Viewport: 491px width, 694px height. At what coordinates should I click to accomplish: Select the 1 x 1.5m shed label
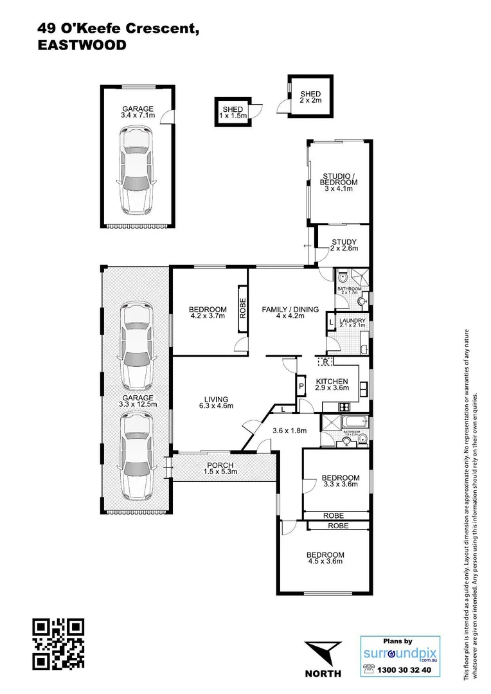(x=233, y=112)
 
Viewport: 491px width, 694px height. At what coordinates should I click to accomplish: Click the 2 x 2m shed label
(x=310, y=97)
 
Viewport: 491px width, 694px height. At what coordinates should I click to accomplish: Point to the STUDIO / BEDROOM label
(x=339, y=179)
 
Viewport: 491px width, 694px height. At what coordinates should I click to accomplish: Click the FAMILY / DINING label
(x=290, y=313)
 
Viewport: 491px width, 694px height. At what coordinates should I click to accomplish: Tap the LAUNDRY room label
(x=353, y=323)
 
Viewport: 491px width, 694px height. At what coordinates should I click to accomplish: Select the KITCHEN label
(x=332, y=384)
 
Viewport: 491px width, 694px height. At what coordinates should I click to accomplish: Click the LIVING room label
(x=211, y=402)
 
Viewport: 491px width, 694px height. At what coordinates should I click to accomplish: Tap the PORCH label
(x=220, y=468)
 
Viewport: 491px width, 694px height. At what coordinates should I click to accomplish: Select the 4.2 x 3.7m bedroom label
(x=208, y=312)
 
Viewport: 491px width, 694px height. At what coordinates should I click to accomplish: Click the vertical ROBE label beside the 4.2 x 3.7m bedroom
(x=242, y=310)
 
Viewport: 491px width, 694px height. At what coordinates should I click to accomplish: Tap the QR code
(x=58, y=644)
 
